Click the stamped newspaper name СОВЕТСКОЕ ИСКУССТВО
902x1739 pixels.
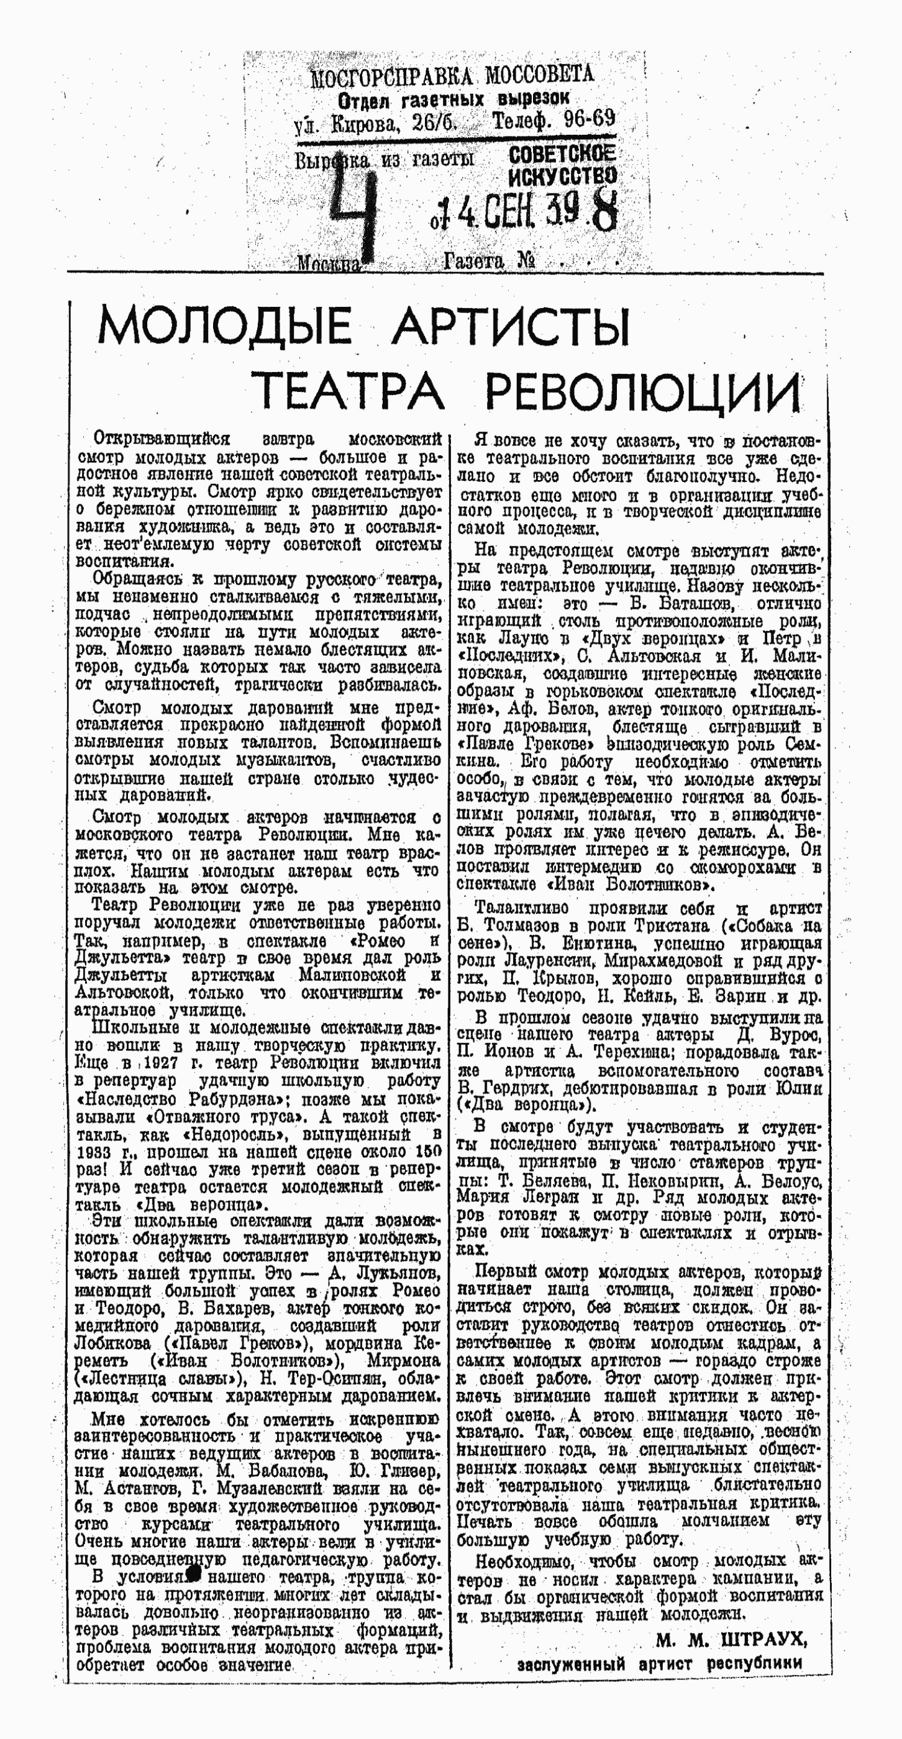pyautogui.click(x=562, y=165)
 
